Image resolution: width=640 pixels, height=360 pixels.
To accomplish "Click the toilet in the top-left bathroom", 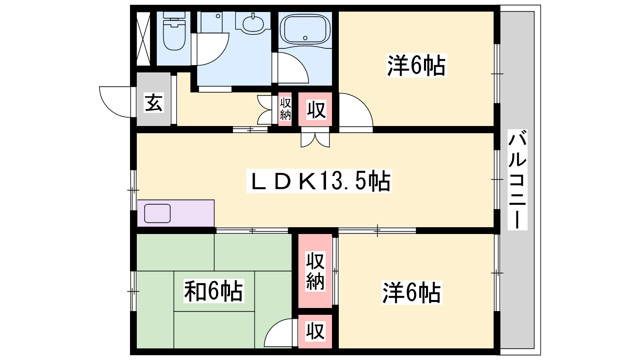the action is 174,32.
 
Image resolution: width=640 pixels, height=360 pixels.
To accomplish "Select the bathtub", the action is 305,30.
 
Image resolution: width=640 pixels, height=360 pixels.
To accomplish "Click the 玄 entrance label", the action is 154,102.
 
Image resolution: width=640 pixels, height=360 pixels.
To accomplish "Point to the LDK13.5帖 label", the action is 319,181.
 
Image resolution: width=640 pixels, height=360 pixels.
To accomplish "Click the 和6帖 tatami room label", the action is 214,291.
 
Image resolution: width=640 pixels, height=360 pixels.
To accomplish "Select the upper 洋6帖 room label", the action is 416,66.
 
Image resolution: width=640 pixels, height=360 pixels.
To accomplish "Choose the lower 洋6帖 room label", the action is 412,292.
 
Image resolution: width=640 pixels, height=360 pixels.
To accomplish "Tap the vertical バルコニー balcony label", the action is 517,180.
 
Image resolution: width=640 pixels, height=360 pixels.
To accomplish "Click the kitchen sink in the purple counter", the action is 158,213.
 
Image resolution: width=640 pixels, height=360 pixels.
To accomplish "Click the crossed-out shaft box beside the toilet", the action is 143,39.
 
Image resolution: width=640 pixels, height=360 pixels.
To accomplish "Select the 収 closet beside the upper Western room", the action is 316,109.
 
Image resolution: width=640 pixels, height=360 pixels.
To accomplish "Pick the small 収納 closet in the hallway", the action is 285,109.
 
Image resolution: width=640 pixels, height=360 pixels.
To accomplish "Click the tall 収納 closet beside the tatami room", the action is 315,271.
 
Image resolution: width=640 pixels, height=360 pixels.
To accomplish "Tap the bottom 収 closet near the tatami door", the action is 315,331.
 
